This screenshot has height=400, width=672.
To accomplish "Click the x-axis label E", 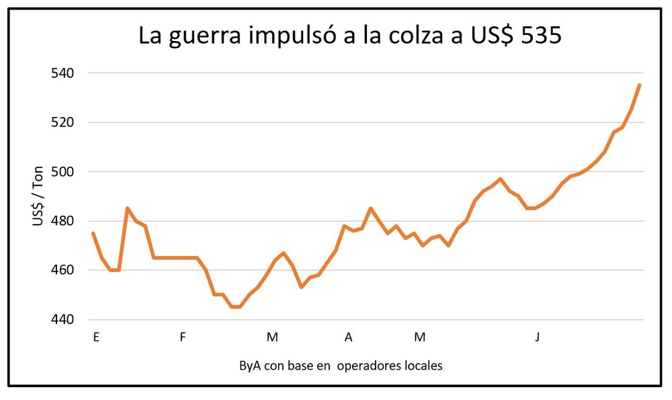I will click(x=96, y=337).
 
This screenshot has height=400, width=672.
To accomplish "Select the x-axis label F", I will click(x=182, y=337).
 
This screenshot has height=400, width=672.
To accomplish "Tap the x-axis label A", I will click(x=348, y=337).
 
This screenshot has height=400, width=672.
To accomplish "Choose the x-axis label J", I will click(x=537, y=337).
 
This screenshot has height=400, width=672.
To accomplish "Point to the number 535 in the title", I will click(x=538, y=36).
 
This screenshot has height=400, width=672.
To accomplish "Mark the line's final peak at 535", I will click(x=639, y=85).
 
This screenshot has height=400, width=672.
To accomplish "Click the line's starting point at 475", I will click(x=93, y=233).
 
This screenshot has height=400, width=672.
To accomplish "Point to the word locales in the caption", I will click(x=423, y=366).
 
